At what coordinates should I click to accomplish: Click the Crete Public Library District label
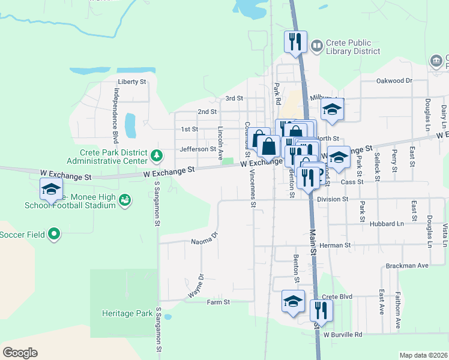[352, 47]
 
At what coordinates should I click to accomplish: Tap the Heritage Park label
[127, 313]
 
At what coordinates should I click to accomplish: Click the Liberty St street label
[132, 82]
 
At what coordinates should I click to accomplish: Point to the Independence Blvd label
[116, 114]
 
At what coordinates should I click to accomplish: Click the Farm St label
[218, 302]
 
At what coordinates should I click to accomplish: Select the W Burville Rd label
[343, 335]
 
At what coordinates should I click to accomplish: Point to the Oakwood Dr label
[394, 80]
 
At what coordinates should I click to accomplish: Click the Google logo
[20, 353]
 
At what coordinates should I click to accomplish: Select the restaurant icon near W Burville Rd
[321, 311]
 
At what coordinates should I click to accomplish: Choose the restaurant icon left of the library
[295, 42]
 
